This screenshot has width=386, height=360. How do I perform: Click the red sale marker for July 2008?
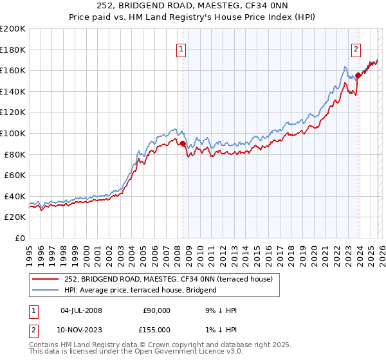(183, 144)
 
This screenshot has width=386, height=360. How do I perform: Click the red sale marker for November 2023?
(358, 75)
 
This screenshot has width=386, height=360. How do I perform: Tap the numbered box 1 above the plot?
(181, 49)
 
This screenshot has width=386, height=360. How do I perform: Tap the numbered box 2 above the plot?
(356, 49)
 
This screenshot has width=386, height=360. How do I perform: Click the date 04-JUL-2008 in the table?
(80, 310)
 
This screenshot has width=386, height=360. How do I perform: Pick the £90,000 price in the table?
(155, 310)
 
